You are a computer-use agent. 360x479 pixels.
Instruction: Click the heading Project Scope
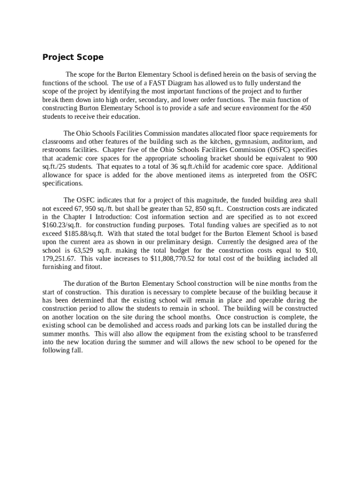(x=73, y=58)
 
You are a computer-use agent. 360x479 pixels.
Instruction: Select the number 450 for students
(x=305, y=108)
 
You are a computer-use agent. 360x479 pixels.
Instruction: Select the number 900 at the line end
(x=311, y=158)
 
